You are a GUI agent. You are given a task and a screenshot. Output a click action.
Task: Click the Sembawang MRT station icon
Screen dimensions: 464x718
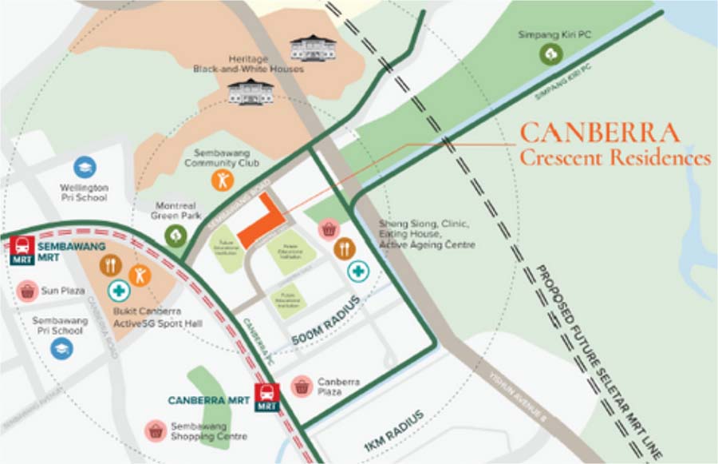22,248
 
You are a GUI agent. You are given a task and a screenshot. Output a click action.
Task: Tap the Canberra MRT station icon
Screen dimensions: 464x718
267,397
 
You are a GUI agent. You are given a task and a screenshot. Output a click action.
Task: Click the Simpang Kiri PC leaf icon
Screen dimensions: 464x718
550,54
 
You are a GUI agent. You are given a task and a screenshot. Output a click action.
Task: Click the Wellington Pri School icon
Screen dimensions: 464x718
84,167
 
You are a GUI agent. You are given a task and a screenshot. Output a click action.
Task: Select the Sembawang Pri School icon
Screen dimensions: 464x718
61,347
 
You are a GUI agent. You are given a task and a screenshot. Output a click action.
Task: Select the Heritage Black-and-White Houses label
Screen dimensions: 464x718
249,64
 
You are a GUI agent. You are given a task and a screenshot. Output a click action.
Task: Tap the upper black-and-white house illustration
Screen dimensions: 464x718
313,47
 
